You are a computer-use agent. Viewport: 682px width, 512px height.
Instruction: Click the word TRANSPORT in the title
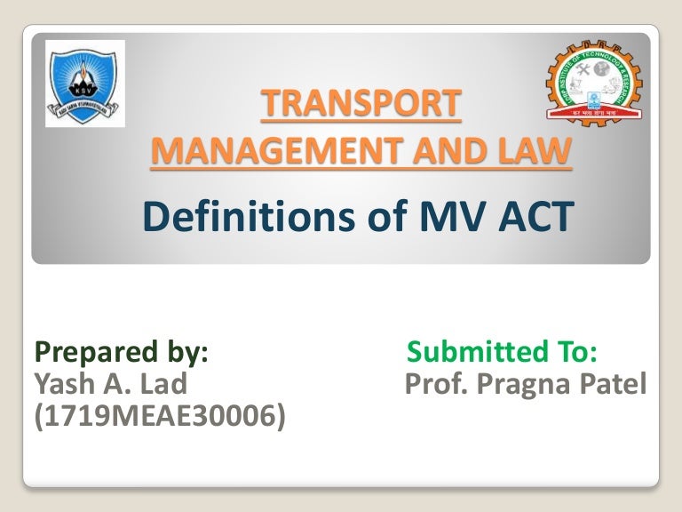click(x=361, y=105)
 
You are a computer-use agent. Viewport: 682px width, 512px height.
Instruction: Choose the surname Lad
click(x=163, y=384)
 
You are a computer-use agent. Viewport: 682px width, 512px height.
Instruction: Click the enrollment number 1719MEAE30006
click(x=160, y=414)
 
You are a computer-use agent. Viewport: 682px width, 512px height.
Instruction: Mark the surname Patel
click(x=615, y=384)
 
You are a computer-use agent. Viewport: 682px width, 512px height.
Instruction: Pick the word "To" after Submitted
click(x=579, y=353)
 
